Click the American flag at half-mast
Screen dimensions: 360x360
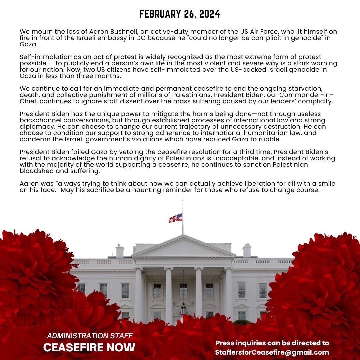(176, 218)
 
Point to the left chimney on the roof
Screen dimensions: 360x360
(120, 251)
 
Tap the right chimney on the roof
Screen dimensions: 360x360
(247, 250)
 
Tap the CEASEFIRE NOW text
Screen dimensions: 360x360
(89, 347)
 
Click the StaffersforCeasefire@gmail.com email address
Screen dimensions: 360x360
(272, 352)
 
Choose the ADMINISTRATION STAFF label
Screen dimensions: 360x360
(90, 335)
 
